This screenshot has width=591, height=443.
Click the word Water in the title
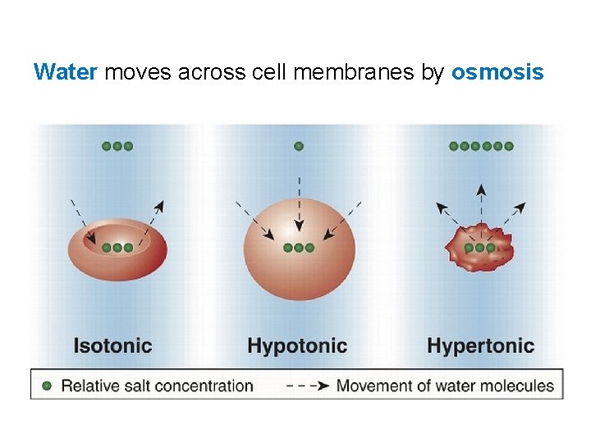click(x=66, y=72)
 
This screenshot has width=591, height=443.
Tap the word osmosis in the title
click(x=497, y=72)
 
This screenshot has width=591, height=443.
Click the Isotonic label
click(x=112, y=345)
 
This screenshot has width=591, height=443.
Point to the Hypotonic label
click(x=297, y=345)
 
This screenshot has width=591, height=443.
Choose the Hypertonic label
click(x=480, y=345)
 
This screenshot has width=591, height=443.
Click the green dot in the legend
click(x=47, y=385)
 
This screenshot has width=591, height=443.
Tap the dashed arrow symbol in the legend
click(x=307, y=385)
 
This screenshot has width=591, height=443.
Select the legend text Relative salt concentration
click(x=157, y=385)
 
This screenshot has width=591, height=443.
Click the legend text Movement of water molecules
click(x=445, y=385)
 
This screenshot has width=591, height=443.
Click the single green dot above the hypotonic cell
click(x=299, y=146)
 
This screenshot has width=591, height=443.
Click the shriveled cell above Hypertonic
click(x=479, y=247)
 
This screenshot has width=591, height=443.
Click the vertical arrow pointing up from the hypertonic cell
click(x=481, y=205)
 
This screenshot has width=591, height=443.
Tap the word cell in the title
click(x=271, y=72)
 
